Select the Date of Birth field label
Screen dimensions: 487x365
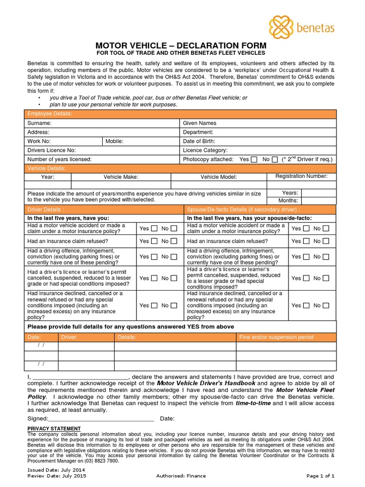pos(199,141)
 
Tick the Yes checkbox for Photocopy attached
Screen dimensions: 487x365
pos(254,160)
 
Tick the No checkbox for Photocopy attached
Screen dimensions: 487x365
pos(275,160)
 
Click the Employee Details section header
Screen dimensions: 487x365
pos(49,114)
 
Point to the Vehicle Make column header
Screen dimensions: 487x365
pos(121,177)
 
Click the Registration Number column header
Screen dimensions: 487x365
pos(301,176)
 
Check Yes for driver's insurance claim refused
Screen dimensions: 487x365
pos(154,242)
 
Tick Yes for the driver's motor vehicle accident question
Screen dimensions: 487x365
pos(154,229)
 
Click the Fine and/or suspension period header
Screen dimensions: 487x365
pos(276,337)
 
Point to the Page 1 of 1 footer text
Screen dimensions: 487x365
pos(321,476)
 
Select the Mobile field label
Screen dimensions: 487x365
pos(114,141)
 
